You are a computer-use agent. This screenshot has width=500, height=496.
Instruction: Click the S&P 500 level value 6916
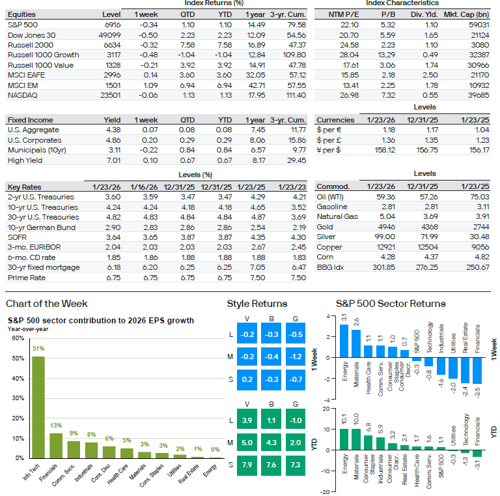(x=111, y=23)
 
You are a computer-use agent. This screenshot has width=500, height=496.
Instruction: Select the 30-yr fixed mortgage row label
(x=44, y=267)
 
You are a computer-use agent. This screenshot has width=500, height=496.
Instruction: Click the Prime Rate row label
(x=27, y=278)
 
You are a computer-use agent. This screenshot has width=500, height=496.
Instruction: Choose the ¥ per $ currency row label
(x=331, y=150)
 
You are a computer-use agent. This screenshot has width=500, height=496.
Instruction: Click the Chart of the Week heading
(x=46, y=304)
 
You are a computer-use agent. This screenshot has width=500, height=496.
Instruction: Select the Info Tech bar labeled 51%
(x=38, y=407)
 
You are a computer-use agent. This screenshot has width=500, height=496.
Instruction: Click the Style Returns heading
(x=257, y=304)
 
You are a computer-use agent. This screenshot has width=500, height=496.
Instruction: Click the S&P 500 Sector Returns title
(x=391, y=304)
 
